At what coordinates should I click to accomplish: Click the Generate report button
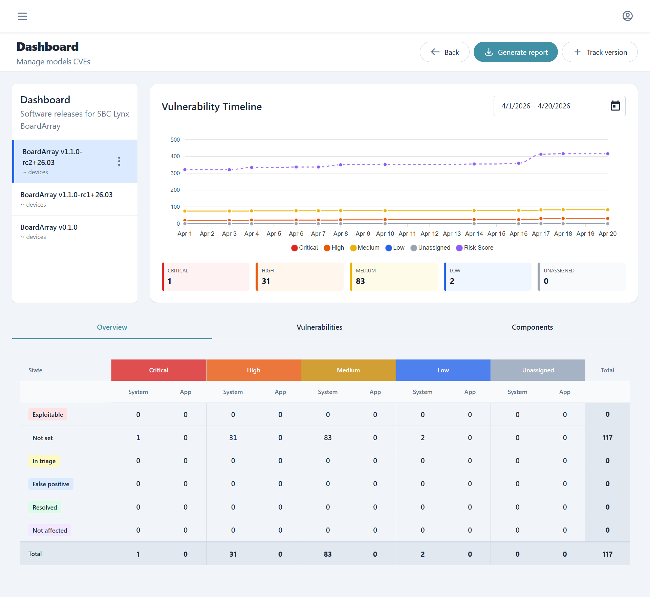(x=515, y=52)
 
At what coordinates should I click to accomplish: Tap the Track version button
(x=600, y=52)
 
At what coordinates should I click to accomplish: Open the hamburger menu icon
(x=22, y=16)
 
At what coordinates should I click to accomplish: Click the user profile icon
(x=627, y=16)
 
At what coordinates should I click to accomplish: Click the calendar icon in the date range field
(x=615, y=106)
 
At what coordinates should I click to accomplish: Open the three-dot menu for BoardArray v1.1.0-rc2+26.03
(x=119, y=161)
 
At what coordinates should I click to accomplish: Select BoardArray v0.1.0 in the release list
(x=49, y=227)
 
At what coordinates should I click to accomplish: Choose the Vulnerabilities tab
(x=319, y=327)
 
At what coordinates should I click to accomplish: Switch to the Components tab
(x=532, y=327)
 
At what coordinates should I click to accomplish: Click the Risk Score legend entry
(x=475, y=248)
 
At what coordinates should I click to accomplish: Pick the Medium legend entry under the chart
(x=365, y=248)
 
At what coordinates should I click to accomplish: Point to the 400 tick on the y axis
(x=175, y=156)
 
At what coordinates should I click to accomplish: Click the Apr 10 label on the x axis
(x=385, y=234)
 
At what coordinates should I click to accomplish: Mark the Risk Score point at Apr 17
(x=541, y=154)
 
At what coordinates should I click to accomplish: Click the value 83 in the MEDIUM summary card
(x=360, y=281)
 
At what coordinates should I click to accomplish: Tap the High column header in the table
(x=254, y=370)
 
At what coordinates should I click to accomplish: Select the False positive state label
(x=51, y=484)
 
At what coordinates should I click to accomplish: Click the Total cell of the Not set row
(x=607, y=438)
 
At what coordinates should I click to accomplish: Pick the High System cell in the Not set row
(x=233, y=438)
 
